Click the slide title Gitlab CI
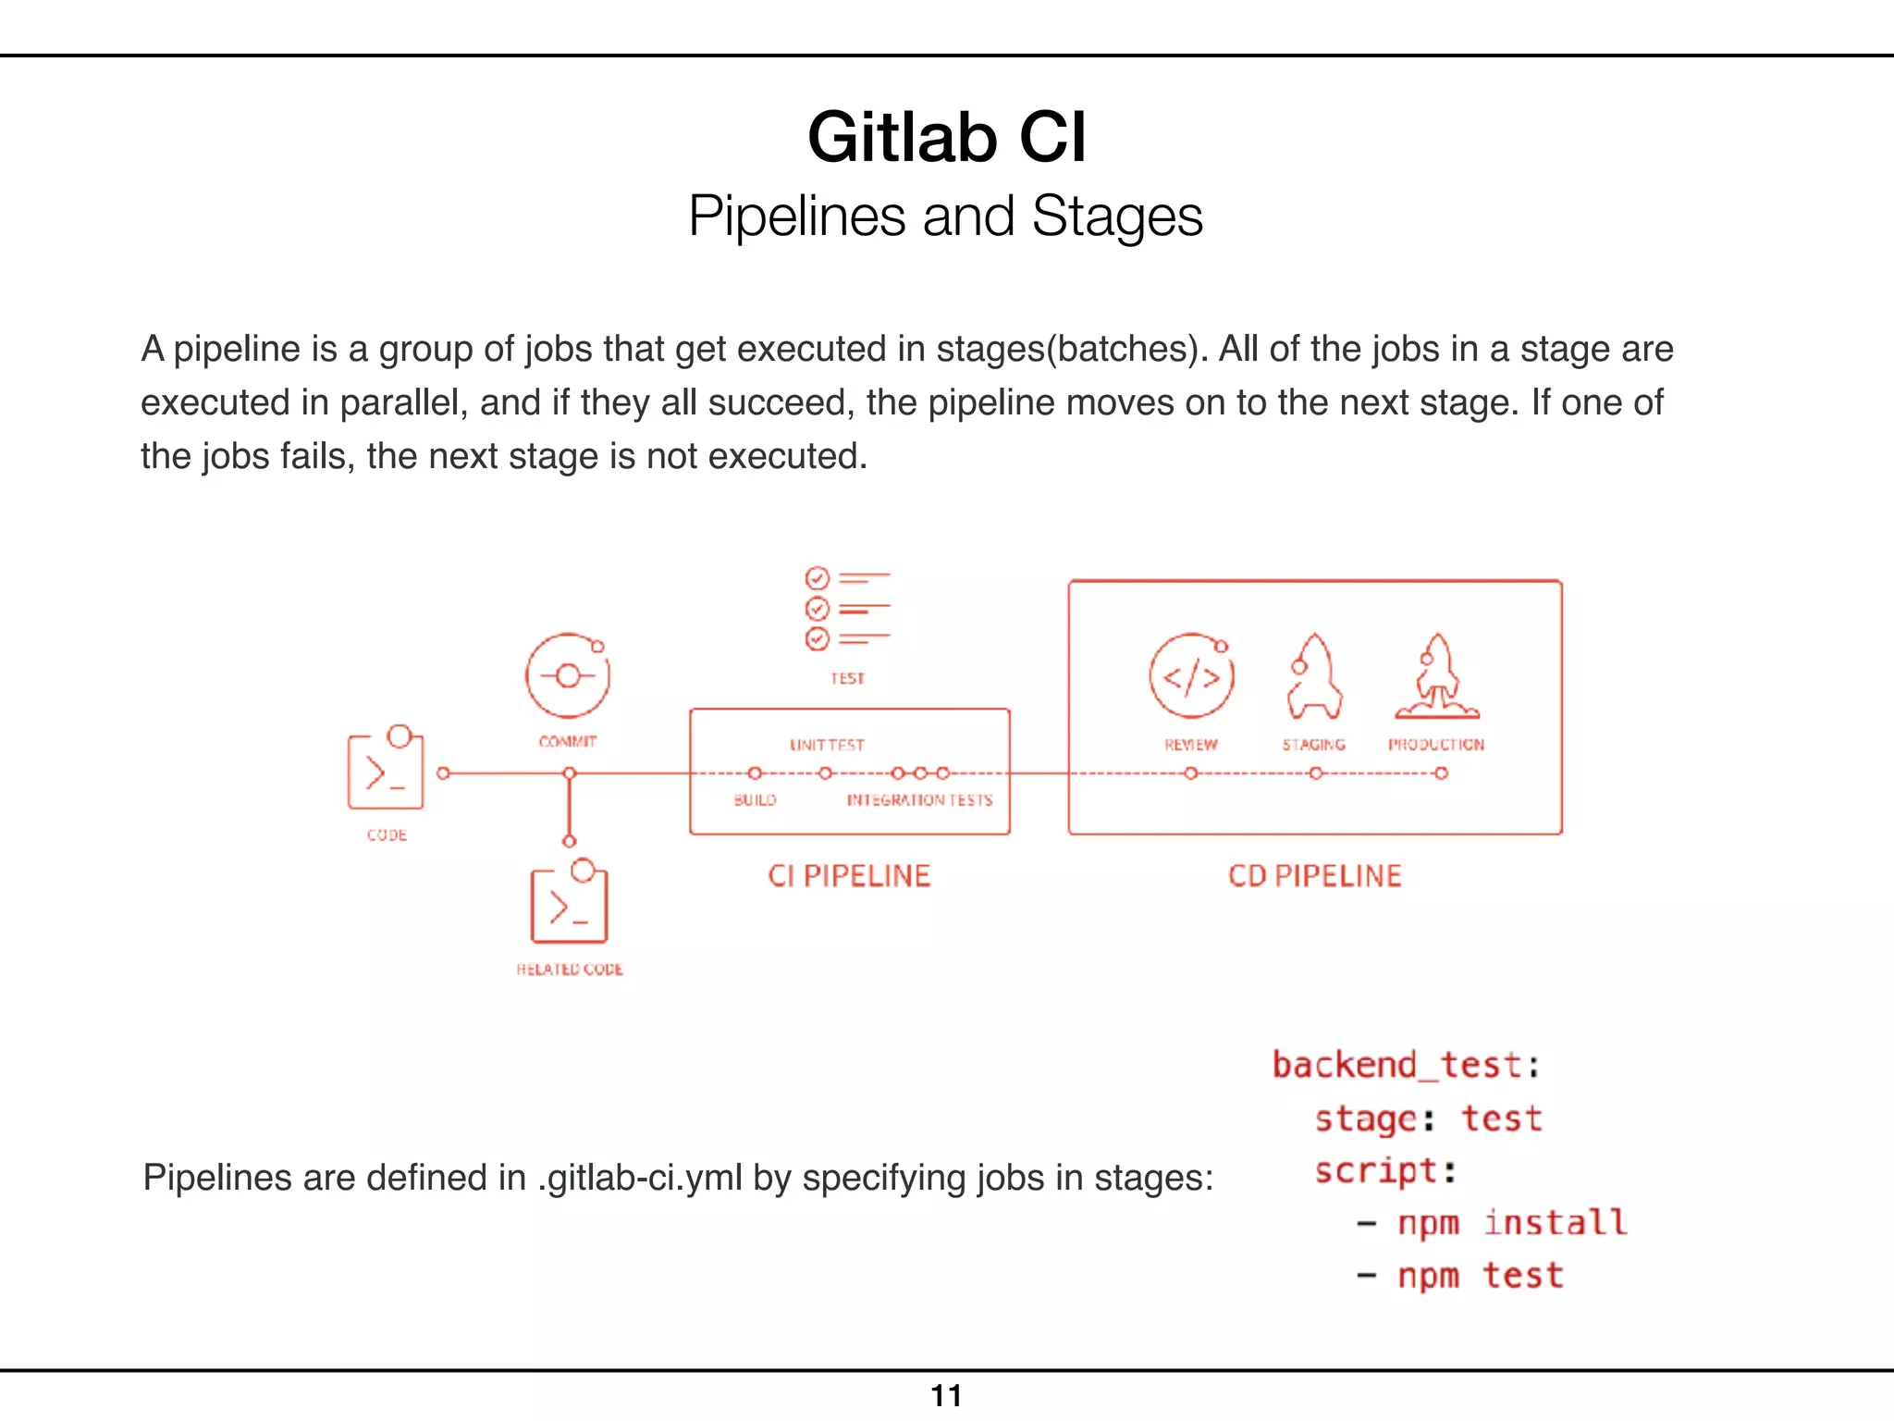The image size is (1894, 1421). click(x=946, y=137)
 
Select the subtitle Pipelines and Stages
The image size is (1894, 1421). click(x=945, y=216)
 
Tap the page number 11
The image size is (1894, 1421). click(x=946, y=1395)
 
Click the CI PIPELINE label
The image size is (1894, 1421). click(x=849, y=876)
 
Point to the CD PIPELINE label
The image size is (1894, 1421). click(x=1314, y=876)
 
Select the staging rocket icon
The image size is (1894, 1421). click(x=1314, y=677)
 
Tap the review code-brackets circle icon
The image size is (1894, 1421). click(x=1191, y=677)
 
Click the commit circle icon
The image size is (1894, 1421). click(x=568, y=676)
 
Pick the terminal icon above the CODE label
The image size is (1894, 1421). click(x=386, y=771)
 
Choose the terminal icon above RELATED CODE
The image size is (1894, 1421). click(x=569, y=904)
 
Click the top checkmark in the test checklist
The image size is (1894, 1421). click(x=818, y=579)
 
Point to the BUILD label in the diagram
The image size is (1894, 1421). click(x=755, y=800)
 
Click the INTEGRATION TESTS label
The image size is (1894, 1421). click(x=919, y=800)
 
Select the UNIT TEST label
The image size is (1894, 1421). click(x=827, y=745)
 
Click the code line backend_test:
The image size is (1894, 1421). click(x=1406, y=1066)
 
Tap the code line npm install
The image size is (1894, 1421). click(x=1511, y=1223)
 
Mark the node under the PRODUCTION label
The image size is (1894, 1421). click(x=1441, y=773)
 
